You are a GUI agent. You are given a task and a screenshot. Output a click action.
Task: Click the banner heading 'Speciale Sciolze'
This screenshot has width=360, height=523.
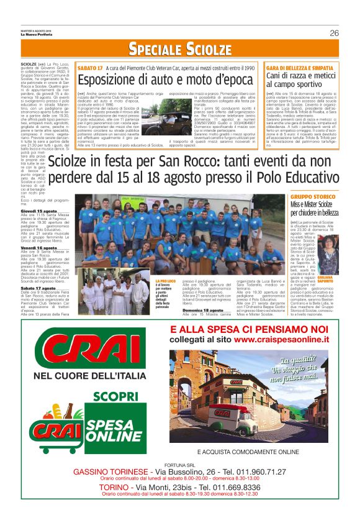[180, 49]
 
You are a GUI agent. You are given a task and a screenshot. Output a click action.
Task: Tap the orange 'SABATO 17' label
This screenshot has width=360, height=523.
[90, 66]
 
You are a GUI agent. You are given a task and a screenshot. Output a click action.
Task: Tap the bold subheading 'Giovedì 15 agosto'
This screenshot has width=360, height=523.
[38, 211]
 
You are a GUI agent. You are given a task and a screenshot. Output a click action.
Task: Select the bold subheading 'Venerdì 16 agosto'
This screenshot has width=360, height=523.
[38, 247]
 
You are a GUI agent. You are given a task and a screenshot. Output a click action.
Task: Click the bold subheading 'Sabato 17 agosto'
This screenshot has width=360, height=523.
[37, 288]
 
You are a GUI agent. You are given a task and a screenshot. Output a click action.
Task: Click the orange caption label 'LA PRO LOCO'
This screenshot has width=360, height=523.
[164, 281]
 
